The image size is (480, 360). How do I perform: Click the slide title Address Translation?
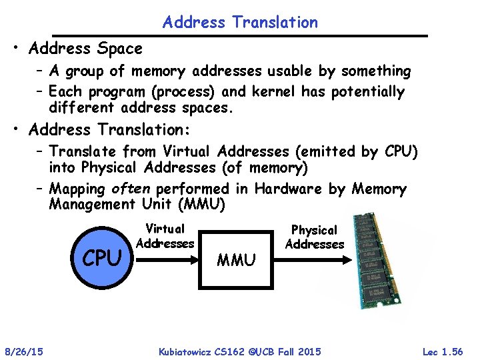pyautogui.click(x=240, y=22)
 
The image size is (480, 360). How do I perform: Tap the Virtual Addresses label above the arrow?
pyautogui.click(x=165, y=236)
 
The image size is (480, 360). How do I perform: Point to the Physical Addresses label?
pyautogui.click(x=315, y=237)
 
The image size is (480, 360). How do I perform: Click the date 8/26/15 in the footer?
pyautogui.click(x=24, y=351)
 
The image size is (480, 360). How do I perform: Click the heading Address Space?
pyautogui.click(x=86, y=49)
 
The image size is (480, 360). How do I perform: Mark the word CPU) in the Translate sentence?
pyautogui.click(x=401, y=152)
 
